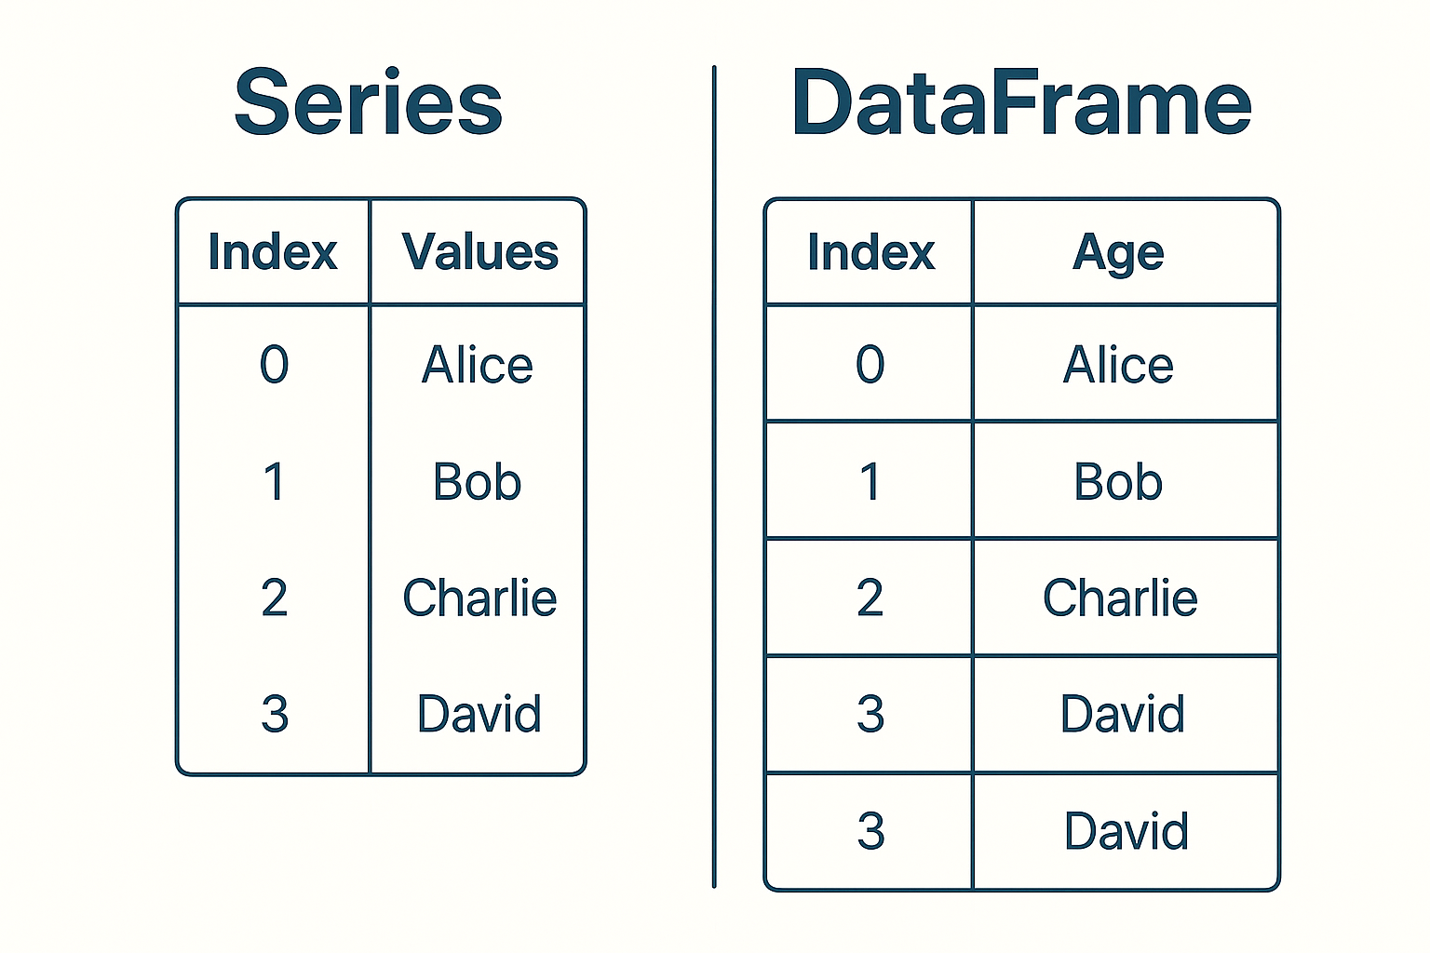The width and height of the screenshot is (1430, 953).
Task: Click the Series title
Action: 369,102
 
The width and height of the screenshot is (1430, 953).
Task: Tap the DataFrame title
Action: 1021,102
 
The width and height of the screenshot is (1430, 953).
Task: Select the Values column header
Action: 479,252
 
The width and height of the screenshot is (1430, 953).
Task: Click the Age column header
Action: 1118,253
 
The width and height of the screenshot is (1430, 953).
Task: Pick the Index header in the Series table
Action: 273,252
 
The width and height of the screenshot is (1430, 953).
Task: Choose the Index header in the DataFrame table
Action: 870,252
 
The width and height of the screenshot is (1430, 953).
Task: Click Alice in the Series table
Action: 478,365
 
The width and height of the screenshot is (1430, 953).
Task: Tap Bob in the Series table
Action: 478,482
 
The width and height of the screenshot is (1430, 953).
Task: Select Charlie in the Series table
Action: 479,597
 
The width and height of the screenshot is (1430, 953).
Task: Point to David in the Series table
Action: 479,715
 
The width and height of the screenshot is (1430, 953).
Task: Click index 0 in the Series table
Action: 274,365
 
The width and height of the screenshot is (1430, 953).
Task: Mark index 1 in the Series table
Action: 274,482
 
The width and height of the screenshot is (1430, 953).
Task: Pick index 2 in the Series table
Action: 274,597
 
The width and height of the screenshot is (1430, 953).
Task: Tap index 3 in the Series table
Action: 274,715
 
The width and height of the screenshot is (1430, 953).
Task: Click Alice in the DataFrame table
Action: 1118,365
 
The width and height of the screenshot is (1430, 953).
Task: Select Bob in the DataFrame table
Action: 1118,482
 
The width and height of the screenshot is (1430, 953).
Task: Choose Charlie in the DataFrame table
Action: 1120,597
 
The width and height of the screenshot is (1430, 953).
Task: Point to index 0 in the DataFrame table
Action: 870,365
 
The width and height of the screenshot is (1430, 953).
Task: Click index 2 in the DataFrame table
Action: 870,597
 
